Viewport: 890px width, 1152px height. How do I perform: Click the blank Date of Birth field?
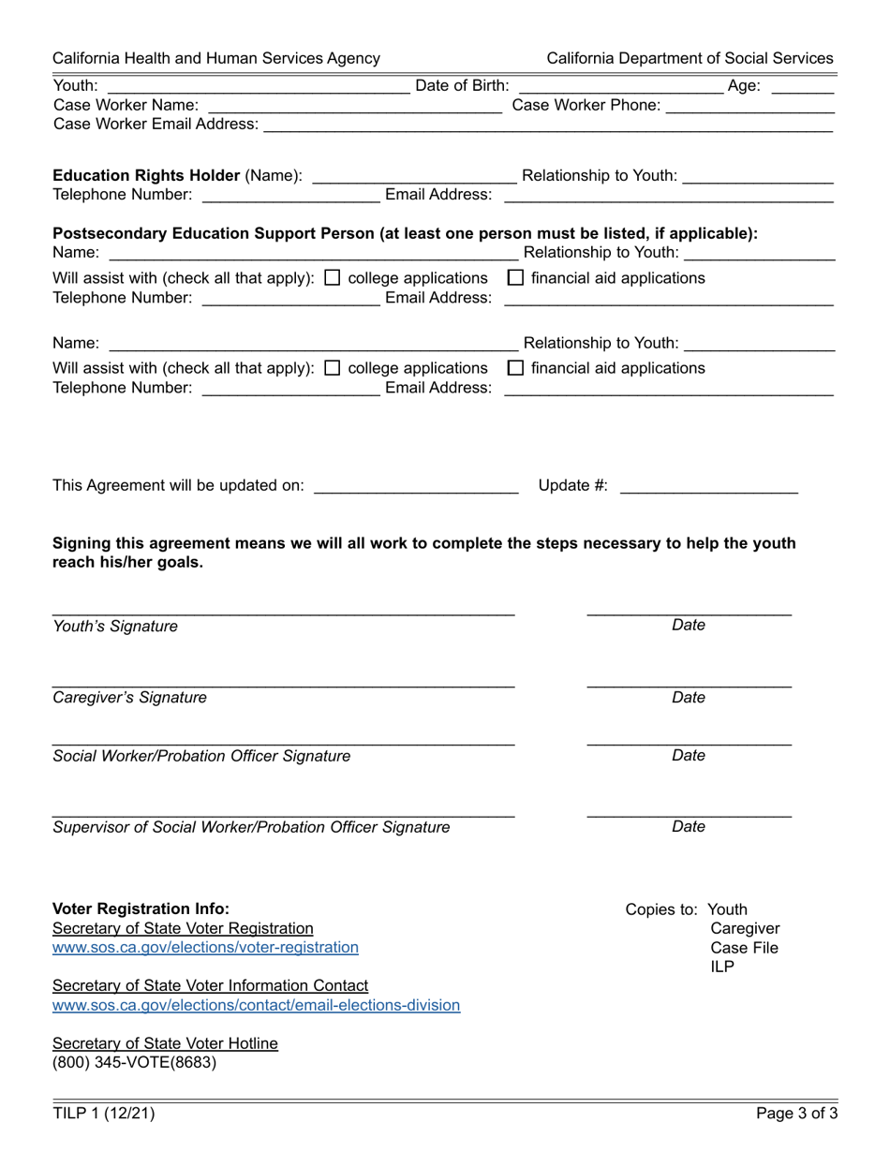[x=618, y=87]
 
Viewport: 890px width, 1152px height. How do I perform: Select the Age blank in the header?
[x=803, y=87]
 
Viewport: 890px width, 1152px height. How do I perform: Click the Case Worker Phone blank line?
[x=749, y=106]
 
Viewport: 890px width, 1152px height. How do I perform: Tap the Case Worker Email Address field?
[x=548, y=125]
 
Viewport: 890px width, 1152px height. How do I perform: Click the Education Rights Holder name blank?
[x=413, y=176]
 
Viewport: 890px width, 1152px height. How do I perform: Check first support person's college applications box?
[x=332, y=278]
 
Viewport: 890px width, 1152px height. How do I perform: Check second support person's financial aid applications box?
[x=515, y=368]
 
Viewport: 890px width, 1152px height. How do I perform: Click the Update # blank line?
[x=708, y=485]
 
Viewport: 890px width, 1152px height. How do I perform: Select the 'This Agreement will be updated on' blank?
[x=416, y=485]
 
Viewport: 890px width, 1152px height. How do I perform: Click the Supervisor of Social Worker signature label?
[x=251, y=827]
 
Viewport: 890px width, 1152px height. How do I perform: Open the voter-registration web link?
[x=205, y=948]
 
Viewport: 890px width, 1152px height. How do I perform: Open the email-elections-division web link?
[x=256, y=1006]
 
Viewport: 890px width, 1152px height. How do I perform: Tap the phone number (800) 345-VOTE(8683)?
[x=134, y=1063]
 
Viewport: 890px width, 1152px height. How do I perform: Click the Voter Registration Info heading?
[x=141, y=908]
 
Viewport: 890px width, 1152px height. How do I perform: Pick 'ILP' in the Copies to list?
[x=722, y=967]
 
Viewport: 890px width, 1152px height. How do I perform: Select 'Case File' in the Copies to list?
[x=744, y=948]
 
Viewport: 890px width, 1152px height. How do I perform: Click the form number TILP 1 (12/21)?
[x=104, y=1114]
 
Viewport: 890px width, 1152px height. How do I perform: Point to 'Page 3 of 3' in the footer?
[x=797, y=1114]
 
